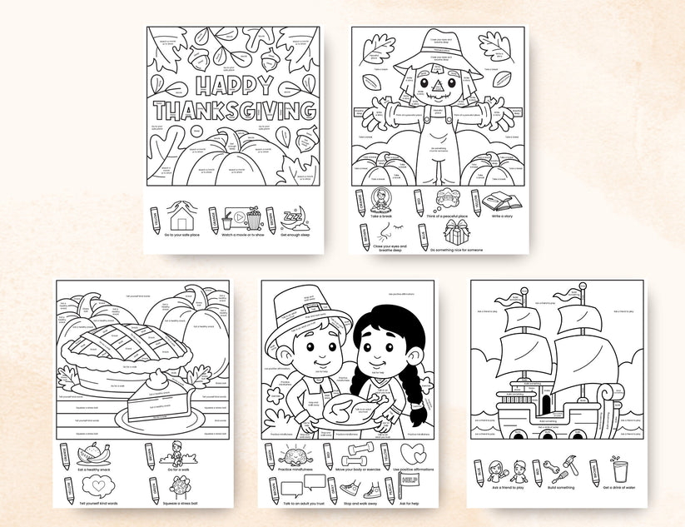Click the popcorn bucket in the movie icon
coord(254,220)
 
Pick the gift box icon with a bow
coord(456,231)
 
